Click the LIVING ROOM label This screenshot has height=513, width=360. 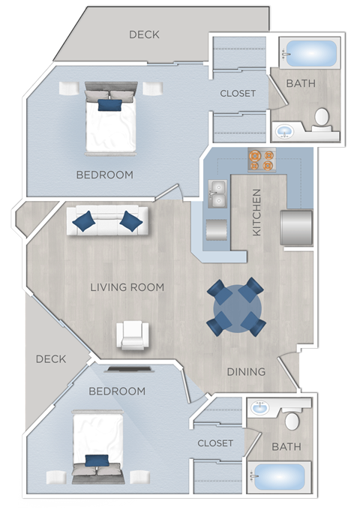(127, 287)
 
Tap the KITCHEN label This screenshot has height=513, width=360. (257, 212)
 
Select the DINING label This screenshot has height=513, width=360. (246, 371)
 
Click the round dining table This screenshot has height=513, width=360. (235, 306)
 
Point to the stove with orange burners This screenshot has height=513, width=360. (262, 160)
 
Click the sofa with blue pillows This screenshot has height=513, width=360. (108, 220)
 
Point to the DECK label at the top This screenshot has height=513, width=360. (144, 34)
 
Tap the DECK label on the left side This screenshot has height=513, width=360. (51, 359)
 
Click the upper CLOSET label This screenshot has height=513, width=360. (238, 94)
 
